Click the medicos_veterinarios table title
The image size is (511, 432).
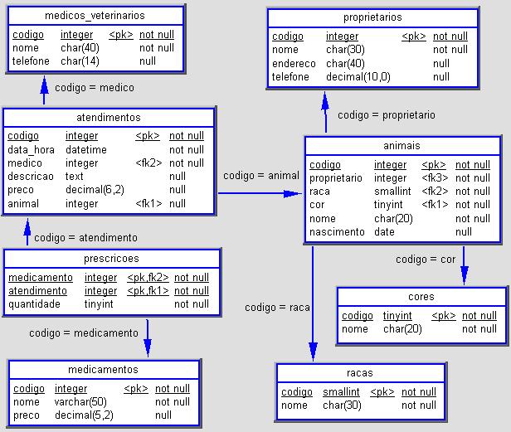[x=95, y=16]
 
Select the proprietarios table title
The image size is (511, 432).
[x=372, y=17]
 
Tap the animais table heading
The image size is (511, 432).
[x=401, y=145]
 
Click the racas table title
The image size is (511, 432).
[x=360, y=372]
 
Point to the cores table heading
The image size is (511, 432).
[x=421, y=297]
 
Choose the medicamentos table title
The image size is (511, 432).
[x=103, y=370]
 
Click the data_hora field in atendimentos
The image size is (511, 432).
[x=31, y=150]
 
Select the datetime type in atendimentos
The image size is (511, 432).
[x=86, y=149]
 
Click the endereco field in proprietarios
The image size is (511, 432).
[x=294, y=63]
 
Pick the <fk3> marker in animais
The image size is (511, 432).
[x=435, y=178]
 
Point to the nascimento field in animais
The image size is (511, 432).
[x=337, y=231]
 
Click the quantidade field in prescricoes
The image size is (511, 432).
[x=34, y=304]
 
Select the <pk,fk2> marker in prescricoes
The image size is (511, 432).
[x=148, y=277]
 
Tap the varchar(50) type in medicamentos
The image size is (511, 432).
[x=80, y=401]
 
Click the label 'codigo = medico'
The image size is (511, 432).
[x=95, y=87]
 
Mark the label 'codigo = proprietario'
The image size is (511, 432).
[x=387, y=115]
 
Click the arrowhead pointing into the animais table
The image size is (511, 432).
[x=293, y=193]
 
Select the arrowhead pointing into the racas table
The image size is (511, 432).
[x=314, y=352]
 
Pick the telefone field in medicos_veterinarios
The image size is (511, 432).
[x=31, y=61]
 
